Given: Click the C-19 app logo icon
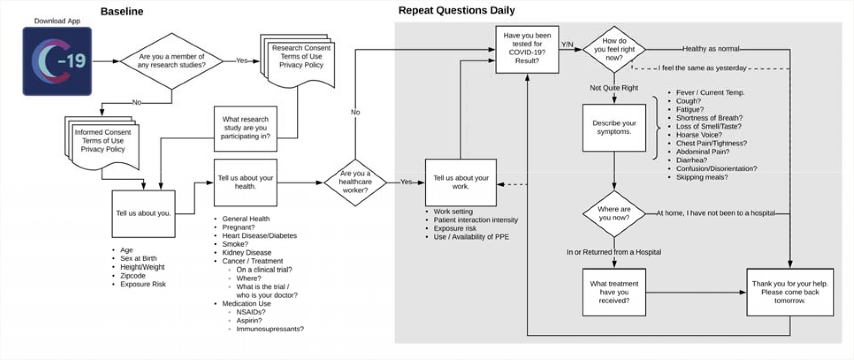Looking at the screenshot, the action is point(57,61).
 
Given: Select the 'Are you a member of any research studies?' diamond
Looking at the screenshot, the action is point(172,61).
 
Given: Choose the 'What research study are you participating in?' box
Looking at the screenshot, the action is point(245,128).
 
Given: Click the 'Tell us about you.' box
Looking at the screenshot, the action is point(143,214).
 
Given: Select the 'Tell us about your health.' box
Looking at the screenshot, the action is point(245,182).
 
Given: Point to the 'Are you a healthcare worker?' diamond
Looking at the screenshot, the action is point(355,182).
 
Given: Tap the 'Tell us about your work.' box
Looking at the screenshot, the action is point(460,182).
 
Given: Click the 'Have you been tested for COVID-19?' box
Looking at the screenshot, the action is point(527,49).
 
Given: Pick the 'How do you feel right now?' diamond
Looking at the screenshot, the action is point(614,49).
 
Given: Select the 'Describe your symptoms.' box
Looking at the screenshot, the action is point(614,128).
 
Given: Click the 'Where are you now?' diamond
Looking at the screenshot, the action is point(614,214).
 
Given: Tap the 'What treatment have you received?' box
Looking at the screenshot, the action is point(614,292).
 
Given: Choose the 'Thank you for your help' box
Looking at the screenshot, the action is point(790,292).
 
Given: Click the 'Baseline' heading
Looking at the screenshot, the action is point(122,11).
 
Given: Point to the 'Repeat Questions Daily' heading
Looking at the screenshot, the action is point(456,10).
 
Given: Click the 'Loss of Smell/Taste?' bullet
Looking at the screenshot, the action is point(708,126).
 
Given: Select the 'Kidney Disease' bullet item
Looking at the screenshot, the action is point(246,253).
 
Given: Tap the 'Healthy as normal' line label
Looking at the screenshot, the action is point(711,49).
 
